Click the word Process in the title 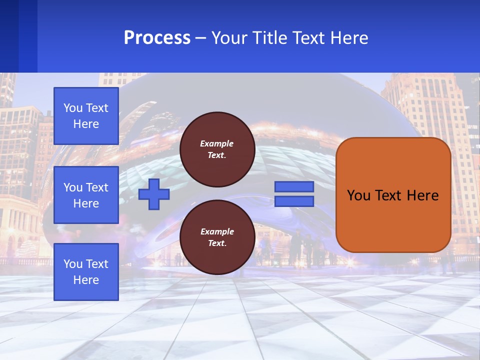pos(157,38)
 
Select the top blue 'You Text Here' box pos(86,116)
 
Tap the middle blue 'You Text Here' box pos(86,195)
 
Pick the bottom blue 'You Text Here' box pos(86,271)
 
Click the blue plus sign pos(154,194)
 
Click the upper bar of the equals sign pos(294,186)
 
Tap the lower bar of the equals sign pos(294,201)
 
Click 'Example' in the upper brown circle pos(217,143)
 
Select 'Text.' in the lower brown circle pos(217,243)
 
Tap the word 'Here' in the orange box pos(422,195)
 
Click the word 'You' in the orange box pos(358,195)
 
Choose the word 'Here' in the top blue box pos(86,124)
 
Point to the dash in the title pos(200,38)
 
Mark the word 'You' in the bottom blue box pos(73,264)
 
